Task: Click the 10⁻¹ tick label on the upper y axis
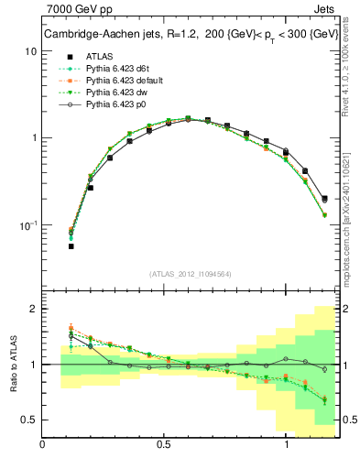(27, 224)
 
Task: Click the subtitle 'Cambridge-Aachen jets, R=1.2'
(111, 35)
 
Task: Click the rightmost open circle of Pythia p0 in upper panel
(324, 198)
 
